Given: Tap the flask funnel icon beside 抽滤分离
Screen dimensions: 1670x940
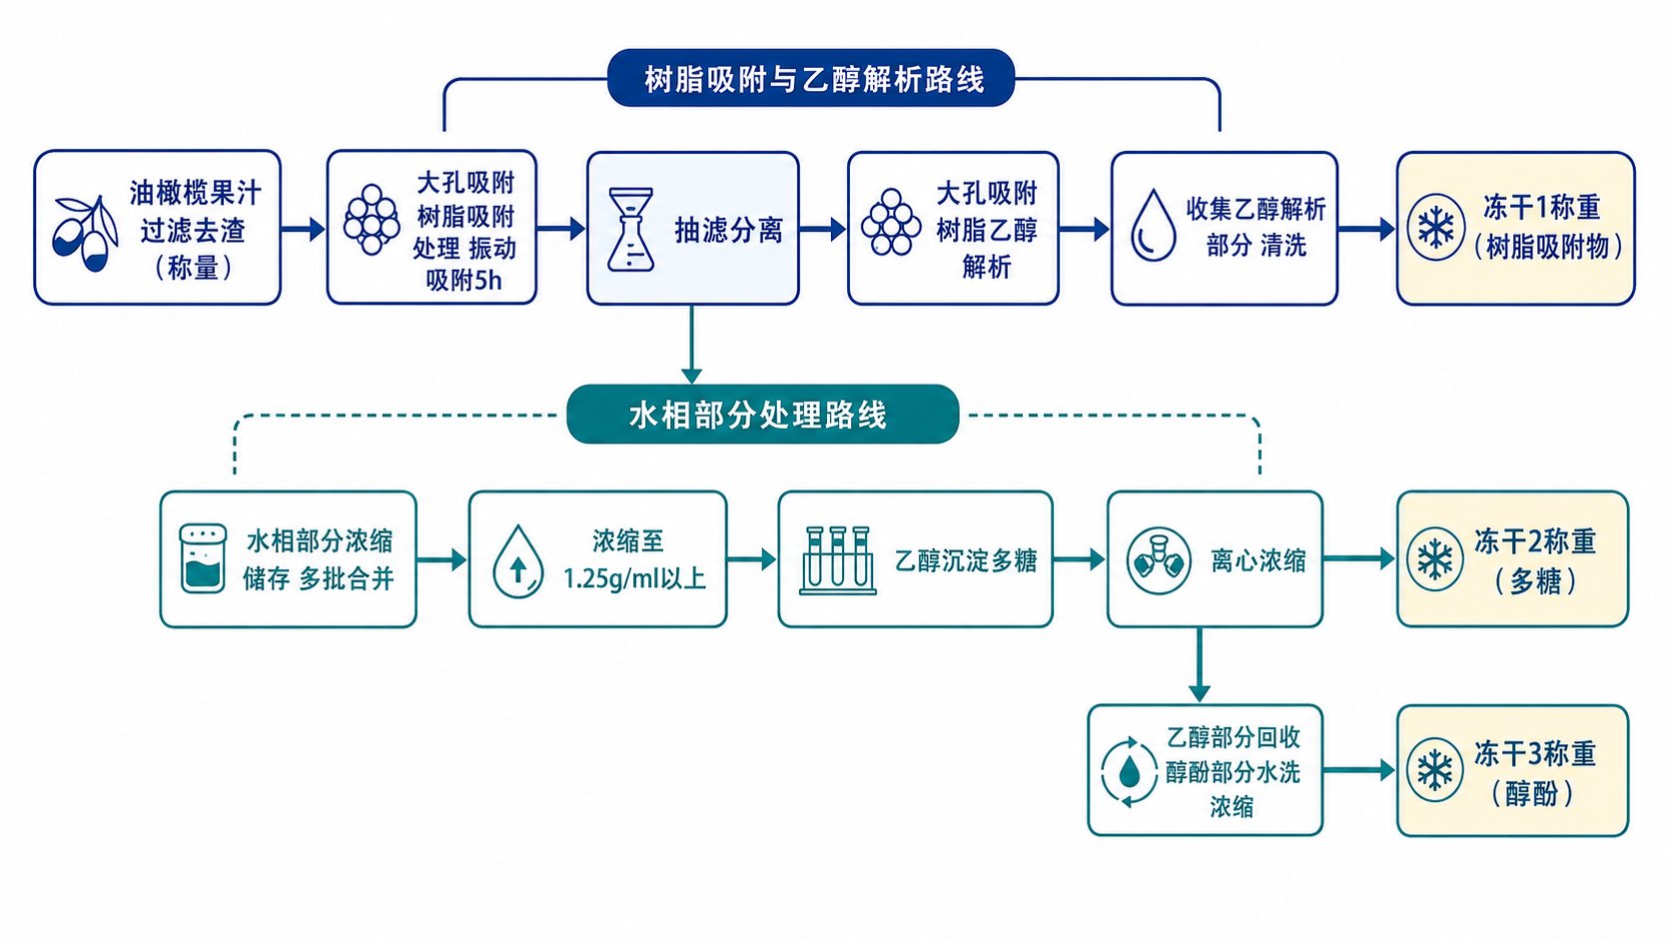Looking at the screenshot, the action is coord(630,229).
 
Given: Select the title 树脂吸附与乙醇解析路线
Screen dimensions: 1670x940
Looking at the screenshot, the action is coord(814,79).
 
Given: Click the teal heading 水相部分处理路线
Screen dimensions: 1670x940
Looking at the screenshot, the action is coord(757,415).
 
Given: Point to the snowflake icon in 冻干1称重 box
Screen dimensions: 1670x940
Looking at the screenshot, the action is coord(1435,228).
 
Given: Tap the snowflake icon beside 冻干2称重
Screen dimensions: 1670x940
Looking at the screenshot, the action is coord(1435,559).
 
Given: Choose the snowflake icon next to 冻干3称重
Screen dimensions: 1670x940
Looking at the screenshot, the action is coord(1435,770).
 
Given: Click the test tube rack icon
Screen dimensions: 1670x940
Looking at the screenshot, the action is coord(837,560).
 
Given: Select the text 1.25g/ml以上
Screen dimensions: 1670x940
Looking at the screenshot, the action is coord(634,579).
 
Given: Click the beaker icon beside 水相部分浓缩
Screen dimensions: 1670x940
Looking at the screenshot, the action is coord(203,559).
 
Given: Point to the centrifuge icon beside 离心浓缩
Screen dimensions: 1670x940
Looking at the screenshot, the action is coord(1158,560).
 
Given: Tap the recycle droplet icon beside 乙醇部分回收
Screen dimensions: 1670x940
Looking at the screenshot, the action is coord(1130,771).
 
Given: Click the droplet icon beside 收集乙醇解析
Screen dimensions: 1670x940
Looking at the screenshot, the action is coord(1153,226).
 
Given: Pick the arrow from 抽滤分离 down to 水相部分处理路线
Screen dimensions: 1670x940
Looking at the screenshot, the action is coord(692,345).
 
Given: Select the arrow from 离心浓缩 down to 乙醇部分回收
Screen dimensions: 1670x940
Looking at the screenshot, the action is coord(1199,664).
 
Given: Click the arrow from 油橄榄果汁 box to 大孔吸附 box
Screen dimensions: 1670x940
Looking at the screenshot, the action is coord(304,229).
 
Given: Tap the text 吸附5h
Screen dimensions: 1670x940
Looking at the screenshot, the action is coord(463,281).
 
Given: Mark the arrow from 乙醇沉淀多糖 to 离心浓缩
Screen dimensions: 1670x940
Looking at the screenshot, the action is coord(1079,559).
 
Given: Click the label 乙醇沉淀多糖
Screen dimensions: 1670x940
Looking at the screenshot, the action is coord(966,560).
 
